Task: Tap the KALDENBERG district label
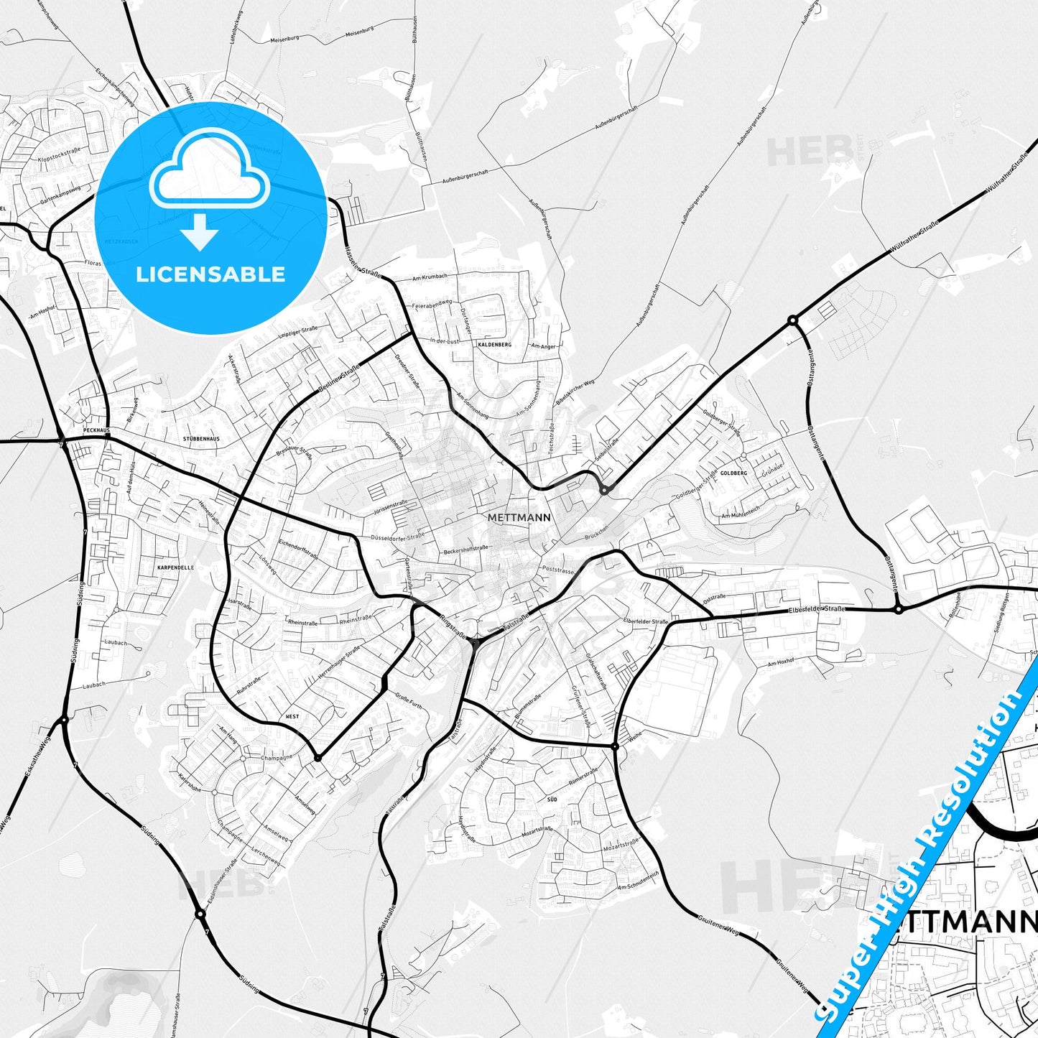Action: coord(494,345)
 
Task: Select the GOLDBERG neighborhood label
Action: coord(733,473)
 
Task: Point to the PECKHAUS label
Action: coord(96,430)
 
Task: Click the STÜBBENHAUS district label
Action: coord(201,438)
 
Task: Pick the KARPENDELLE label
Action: coord(175,567)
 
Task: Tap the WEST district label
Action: coord(292,717)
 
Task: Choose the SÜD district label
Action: coord(552,799)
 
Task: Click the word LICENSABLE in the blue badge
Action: coord(210,274)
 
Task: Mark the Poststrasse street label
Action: coord(558,570)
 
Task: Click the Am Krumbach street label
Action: coord(431,277)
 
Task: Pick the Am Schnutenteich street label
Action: coord(633,881)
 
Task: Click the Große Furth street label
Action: coord(409,700)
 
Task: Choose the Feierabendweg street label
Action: coord(432,305)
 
